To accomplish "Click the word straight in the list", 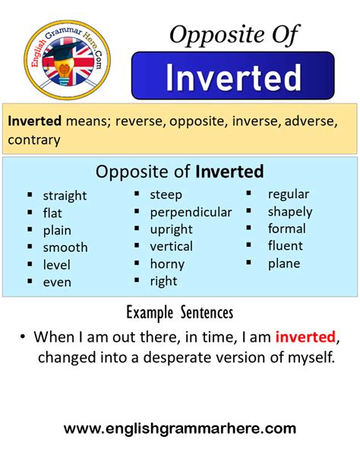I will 65,195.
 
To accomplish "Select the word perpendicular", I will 191,212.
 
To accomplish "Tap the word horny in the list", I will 167,264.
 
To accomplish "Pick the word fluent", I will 285,245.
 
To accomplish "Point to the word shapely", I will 289,211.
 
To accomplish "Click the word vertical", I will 171,246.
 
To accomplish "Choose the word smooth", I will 65,247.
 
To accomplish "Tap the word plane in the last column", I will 283,264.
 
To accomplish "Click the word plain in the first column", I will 57,230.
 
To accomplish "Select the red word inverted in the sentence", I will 305,337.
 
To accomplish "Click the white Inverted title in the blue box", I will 232,77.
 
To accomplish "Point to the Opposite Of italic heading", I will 234,34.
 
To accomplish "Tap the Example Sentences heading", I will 180,312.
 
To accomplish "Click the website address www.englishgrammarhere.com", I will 180,429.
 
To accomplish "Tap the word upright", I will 171,229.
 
